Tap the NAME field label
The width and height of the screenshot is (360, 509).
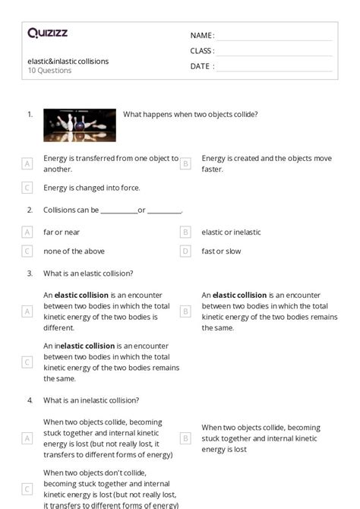pos(201,36)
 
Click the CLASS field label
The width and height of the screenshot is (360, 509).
pos(201,51)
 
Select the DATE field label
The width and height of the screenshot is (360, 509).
pos(201,66)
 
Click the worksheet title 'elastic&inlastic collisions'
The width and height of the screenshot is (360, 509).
pos(68,61)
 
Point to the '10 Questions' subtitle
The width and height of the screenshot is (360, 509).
pos(49,71)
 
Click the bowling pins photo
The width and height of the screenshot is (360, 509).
pos(80,125)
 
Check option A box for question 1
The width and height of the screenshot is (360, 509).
pos(27,163)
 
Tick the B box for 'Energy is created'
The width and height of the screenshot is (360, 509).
pos(185,163)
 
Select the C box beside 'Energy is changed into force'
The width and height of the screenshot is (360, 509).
pos(27,188)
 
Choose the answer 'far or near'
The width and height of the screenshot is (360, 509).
pos(62,232)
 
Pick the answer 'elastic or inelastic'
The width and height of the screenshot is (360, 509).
pos(231,232)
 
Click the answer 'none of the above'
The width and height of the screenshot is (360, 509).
pos(74,251)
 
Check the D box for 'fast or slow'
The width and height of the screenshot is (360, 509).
pos(185,251)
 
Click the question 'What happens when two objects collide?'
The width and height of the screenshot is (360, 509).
pos(190,115)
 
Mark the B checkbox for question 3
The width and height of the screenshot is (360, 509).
pos(185,311)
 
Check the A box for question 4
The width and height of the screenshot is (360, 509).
pos(27,438)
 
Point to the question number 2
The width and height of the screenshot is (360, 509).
pos(30,210)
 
